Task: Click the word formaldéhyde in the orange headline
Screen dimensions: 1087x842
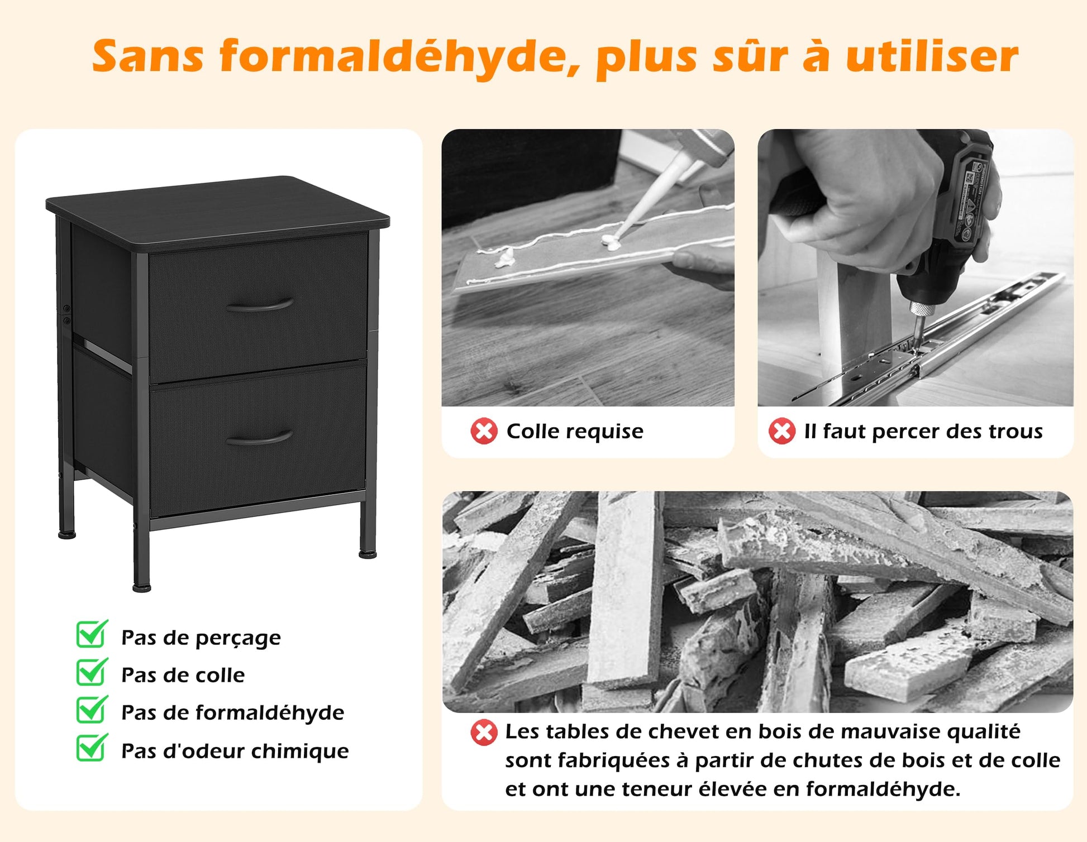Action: point(401,56)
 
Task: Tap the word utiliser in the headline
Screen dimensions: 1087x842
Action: point(932,56)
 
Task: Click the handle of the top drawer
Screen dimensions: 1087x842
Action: point(260,305)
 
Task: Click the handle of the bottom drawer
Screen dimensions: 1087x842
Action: point(260,437)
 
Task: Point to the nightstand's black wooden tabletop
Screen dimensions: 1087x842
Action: point(218,204)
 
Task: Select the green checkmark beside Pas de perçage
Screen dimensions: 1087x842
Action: point(92,634)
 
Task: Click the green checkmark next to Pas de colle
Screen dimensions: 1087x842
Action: point(92,672)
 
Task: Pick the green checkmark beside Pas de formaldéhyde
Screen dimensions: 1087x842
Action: point(92,709)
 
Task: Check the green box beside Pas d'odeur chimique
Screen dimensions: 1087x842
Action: point(92,748)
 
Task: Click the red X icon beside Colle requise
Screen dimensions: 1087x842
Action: point(484,431)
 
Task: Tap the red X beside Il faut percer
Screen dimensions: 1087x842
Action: point(782,431)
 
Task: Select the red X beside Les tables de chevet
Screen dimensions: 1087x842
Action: point(484,733)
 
